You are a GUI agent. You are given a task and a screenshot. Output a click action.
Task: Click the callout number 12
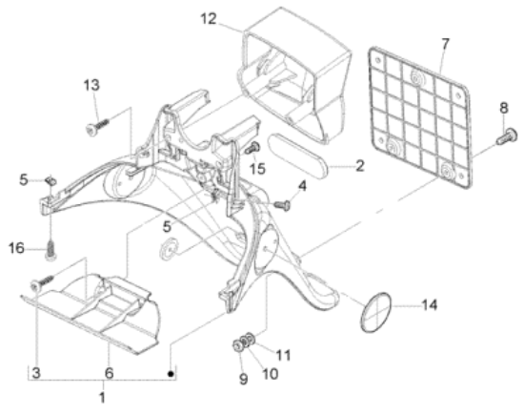209,19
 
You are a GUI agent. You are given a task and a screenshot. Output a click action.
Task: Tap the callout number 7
446,44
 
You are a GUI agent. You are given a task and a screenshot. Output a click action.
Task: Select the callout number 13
91,85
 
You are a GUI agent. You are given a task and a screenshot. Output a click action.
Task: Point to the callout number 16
16,248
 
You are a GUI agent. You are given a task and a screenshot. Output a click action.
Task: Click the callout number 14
430,305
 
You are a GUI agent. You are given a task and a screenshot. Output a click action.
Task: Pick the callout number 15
257,169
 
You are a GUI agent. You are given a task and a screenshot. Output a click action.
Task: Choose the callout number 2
359,166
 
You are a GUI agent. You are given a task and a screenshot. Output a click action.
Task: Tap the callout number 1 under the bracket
102,397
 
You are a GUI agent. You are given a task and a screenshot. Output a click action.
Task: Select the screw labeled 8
507,136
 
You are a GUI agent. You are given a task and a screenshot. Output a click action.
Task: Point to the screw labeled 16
50,249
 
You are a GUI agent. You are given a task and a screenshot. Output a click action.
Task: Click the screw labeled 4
282,204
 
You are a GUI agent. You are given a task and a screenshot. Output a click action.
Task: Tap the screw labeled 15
252,148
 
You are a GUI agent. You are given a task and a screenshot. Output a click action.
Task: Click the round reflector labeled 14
376,313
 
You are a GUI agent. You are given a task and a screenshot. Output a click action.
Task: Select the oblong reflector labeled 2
299,154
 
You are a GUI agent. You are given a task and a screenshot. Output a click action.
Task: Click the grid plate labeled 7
421,117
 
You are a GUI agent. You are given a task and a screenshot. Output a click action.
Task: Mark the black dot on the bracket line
171,374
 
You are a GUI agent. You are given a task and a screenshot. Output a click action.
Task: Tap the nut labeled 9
237,346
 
